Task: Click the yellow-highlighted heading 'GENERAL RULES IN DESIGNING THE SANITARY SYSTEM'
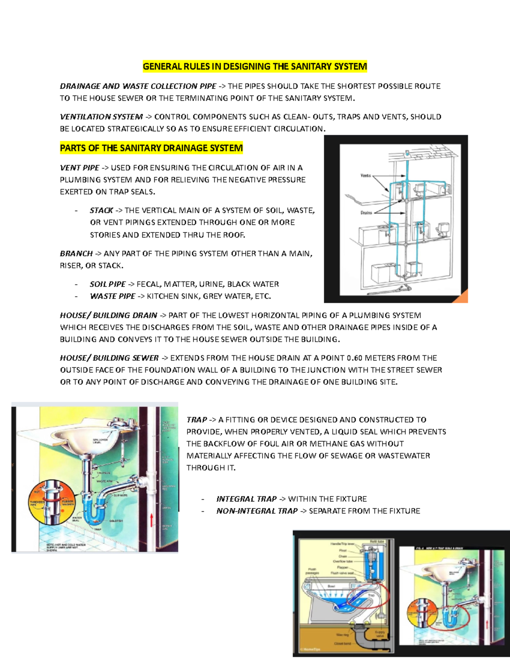(x=255, y=66)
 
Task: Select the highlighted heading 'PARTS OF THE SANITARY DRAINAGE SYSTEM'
(x=151, y=148)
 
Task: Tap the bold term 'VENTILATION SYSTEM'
(x=101, y=117)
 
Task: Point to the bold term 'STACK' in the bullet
(x=101, y=210)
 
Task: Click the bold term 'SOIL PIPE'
(x=108, y=284)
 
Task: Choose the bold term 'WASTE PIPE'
(x=112, y=296)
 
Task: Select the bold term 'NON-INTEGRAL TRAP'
(x=257, y=511)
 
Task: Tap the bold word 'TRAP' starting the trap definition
(x=196, y=420)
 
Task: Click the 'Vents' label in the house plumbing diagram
(x=365, y=176)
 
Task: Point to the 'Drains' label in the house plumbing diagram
(x=366, y=212)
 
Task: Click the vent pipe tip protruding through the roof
(x=407, y=152)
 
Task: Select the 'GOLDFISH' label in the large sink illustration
(x=116, y=521)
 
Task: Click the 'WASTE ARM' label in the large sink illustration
(x=104, y=481)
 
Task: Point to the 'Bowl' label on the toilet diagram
(x=331, y=586)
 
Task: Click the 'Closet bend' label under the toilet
(x=342, y=643)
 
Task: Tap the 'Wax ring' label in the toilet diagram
(x=342, y=635)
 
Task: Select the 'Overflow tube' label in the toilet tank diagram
(x=343, y=561)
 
